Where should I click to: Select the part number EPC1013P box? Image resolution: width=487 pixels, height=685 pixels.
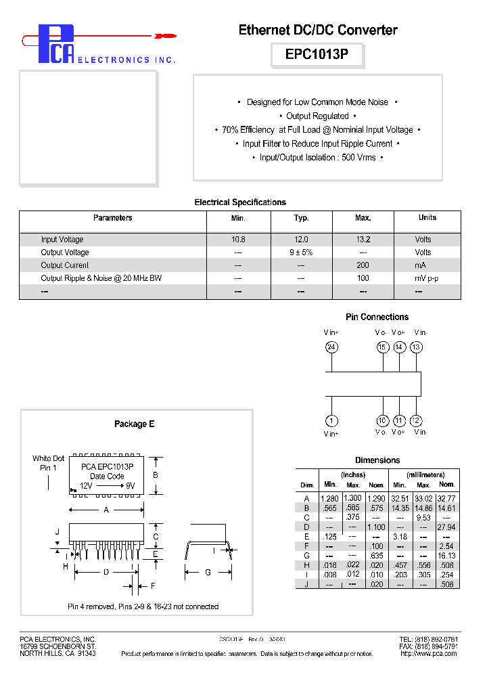point(317,55)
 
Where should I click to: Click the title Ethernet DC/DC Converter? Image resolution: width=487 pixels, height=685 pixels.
point(318,30)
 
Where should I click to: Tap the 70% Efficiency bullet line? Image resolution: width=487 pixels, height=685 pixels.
point(318,129)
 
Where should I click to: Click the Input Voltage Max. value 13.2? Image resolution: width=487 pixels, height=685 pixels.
point(363,240)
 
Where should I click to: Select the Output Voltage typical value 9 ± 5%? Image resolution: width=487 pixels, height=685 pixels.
point(302,252)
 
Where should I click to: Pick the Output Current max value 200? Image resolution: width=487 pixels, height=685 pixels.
point(363,265)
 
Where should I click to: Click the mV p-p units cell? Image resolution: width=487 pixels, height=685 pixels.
point(427,278)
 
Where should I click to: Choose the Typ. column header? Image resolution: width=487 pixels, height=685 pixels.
point(302,218)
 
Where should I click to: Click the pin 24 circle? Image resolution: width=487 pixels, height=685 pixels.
point(331,347)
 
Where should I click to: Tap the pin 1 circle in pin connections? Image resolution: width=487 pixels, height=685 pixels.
point(331,420)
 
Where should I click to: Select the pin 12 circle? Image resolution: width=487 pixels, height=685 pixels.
point(416,420)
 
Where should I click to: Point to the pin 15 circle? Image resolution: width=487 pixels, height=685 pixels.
point(382,347)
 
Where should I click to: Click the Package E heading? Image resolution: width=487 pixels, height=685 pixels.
point(134,424)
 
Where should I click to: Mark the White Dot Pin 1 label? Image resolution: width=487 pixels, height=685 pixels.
point(48,463)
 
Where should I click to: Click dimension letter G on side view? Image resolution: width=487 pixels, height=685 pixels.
point(208,573)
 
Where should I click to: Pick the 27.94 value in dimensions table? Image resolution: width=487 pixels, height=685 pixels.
point(446,527)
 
